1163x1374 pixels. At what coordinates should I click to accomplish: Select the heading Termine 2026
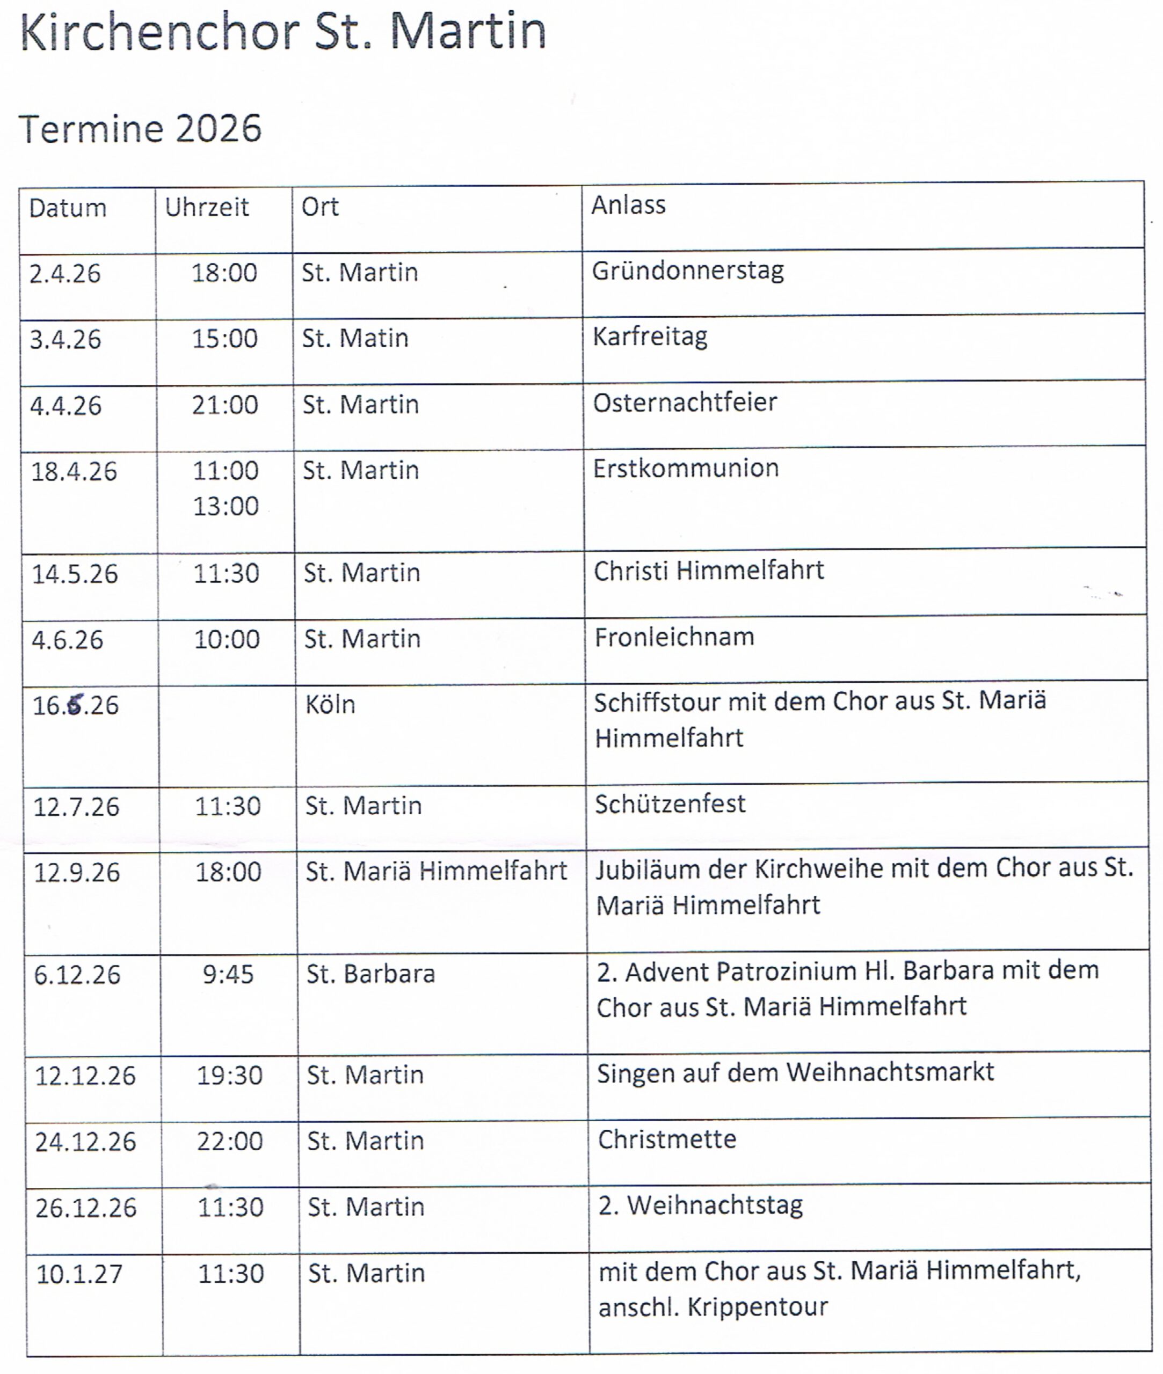[140, 128]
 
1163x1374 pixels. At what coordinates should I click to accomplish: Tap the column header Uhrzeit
[206, 208]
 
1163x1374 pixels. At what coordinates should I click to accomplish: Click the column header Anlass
[628, 205]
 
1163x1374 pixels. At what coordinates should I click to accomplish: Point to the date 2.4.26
[64, 274]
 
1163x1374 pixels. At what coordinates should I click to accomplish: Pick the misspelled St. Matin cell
[355, 338]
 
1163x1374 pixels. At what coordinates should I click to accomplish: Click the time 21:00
[225, 405]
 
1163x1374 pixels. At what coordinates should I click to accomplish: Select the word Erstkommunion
[686, 468]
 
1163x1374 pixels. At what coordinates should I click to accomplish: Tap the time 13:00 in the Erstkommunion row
[226, 506]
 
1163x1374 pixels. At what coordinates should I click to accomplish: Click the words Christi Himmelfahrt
[709, 571]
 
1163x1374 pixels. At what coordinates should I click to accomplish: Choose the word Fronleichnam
[674, 637]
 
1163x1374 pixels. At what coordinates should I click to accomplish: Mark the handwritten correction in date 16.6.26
[76, 705]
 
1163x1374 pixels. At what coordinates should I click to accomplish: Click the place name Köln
[330, 705]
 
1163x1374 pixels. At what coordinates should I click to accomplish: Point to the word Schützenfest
[670, 804]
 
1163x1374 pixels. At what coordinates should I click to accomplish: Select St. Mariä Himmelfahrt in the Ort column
[436, 871]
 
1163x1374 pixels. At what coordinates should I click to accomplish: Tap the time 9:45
[228, 974]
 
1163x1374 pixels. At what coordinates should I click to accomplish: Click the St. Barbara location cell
[370, 974]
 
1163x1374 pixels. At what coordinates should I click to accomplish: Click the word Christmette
[666, 1139]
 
